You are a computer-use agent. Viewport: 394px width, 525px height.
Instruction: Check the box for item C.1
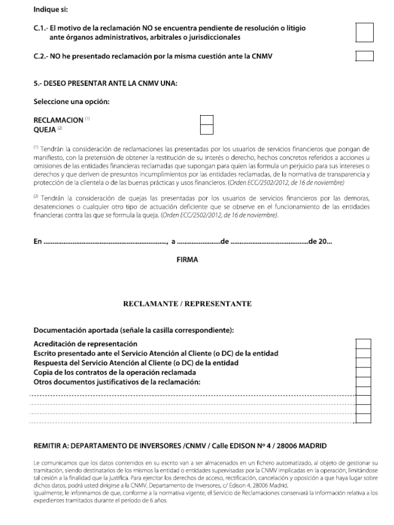(365, 32)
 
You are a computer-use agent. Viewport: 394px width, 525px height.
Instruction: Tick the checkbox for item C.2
(365, 57)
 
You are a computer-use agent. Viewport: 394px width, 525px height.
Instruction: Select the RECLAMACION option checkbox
(207, 119)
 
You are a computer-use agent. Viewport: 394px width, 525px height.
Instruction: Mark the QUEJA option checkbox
(207, 129)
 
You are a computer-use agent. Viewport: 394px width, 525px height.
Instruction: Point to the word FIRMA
(187, 260)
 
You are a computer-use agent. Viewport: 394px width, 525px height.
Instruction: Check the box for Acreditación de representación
(364, 343)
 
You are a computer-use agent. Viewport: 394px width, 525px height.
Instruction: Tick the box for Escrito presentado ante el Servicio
(364, 353)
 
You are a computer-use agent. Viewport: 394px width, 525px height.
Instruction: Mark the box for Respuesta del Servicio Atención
(364, 363)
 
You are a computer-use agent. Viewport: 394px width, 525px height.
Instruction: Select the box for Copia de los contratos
(364, 372)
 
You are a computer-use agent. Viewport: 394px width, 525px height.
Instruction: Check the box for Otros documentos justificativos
(364, 382)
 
